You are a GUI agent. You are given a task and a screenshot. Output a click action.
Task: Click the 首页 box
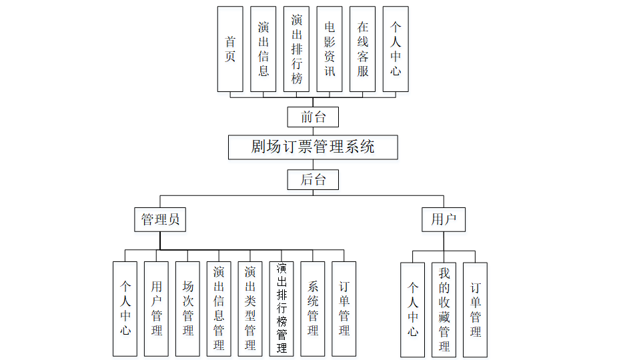tap(230, 49)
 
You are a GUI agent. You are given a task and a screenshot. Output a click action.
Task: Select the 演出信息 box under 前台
tap(263, 49)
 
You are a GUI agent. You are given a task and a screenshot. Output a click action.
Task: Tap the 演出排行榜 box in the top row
tap(296, 49)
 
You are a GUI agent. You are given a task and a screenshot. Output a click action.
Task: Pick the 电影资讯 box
tap(330, 49)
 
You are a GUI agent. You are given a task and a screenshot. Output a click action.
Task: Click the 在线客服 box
tap(362, 49)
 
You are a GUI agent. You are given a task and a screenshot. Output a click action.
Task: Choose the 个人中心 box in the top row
tap(396, 49)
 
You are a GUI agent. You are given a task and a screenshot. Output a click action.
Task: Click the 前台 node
tap(313, 117)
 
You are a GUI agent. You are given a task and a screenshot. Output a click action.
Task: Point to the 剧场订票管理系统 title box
tap(313, 147)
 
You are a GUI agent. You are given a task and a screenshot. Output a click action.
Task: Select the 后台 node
tap(313, 180)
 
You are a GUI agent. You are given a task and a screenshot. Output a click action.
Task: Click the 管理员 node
tap(160, 219)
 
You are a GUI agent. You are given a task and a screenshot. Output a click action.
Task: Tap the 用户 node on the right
tap(444, 219)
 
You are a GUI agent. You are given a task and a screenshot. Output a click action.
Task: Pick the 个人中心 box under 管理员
tap(125, 309)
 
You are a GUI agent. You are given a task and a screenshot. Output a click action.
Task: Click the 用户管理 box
tap(157, 309)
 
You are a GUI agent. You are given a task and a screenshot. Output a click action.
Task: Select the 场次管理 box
tap(188, 309)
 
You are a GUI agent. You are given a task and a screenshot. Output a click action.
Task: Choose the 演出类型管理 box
tap(250, 309)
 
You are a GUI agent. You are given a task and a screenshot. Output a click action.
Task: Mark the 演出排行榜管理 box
tap(281, 309)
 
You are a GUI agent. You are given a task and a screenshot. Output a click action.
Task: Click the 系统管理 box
tap(313, 309)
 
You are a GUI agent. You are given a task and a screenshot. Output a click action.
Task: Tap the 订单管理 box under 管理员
tap(344, 309)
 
